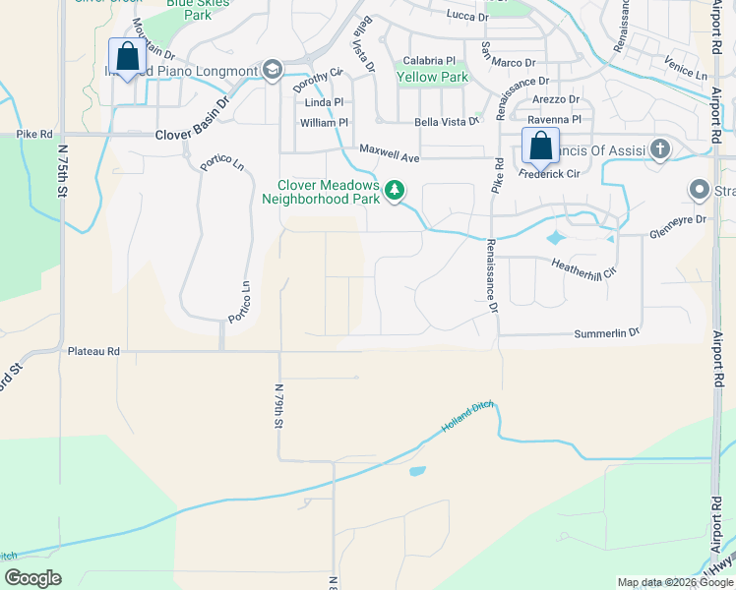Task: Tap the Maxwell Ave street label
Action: click(389, 152)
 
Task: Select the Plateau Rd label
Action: click(93, 350)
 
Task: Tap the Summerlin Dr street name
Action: click(607, 334)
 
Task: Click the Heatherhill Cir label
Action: click(583, 266)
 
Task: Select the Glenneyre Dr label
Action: click(678, 226)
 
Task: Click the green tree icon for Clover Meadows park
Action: click(395, 189)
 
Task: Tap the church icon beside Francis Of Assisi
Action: click(659, 150)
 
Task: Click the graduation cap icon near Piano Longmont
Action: click(272, 70)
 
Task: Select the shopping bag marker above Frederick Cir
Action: click(540, 146)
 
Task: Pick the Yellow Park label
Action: click(432, 76)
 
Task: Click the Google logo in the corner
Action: click(32, 578)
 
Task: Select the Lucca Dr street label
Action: click(466, 17)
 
